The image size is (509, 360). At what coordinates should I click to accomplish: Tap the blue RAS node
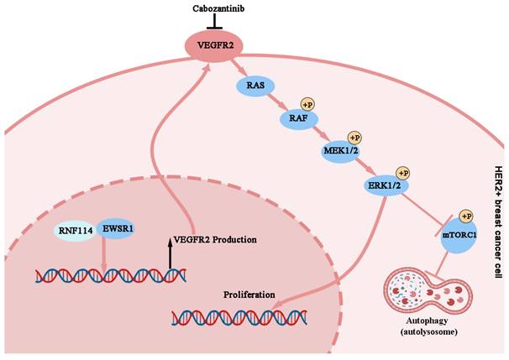[255, 85]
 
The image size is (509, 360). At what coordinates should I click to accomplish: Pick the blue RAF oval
[299, 119]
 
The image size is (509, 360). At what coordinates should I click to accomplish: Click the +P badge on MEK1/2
[354, 137]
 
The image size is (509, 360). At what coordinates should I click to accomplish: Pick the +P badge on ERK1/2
[401, 171]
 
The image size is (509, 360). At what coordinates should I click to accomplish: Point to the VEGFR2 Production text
[214, 239]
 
